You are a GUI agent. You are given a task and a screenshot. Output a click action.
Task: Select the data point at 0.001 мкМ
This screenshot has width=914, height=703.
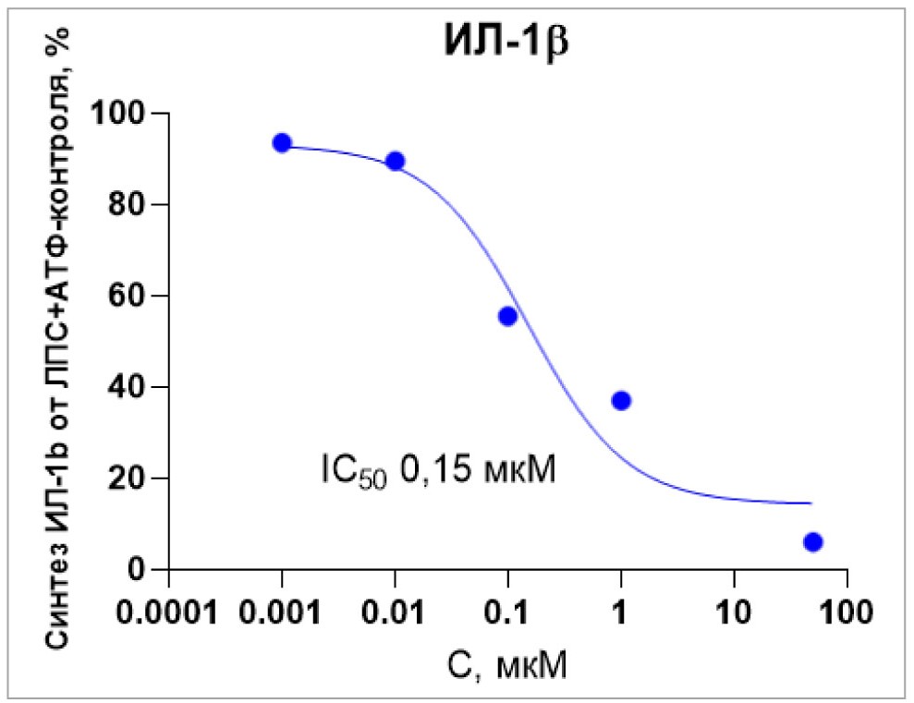click(x=282, y=142)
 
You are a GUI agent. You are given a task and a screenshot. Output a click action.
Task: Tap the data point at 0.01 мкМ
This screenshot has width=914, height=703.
click(x=396, y=161)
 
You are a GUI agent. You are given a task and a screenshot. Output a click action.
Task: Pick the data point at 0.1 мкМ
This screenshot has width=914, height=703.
click(x=507, y=316)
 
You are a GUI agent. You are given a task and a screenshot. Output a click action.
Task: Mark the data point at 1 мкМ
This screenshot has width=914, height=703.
click(x=621, y=400)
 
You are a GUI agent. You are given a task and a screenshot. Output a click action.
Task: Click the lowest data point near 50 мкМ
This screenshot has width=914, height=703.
click(x=813, y=541)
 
